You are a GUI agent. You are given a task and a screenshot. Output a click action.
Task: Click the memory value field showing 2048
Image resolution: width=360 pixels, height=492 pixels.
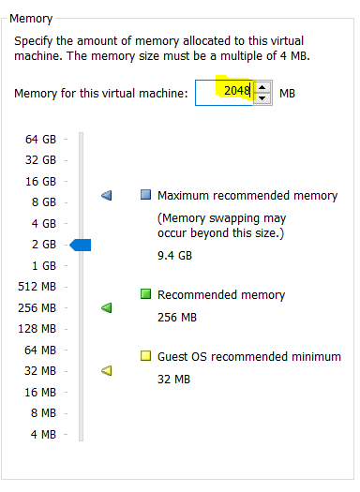pos(224,93)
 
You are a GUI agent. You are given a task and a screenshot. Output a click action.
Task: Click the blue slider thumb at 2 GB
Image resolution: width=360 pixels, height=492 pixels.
pos(81,245)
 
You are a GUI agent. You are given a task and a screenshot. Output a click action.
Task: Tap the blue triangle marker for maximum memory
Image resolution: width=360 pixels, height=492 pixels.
pos(106,196)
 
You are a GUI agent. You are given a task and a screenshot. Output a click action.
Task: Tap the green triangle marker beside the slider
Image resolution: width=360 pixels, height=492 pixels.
pos(106,307)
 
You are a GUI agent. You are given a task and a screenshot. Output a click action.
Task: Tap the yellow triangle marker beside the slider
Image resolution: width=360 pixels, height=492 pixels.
pos(106,371)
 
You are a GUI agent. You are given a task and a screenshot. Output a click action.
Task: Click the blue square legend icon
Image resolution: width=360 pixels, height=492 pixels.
pos(145,195)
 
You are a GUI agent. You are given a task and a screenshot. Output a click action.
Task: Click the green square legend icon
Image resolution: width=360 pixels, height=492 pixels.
pos(145,294)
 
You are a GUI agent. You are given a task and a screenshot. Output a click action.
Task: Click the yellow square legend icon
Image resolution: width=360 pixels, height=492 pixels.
pos(145,356)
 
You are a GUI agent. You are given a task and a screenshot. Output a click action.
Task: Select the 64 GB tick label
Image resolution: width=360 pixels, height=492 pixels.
pos(40,139)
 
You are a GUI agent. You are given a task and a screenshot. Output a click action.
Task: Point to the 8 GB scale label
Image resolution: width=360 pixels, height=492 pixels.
pos(44,202)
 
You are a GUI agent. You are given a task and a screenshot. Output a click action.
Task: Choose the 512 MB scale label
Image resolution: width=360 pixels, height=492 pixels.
pos(37,287)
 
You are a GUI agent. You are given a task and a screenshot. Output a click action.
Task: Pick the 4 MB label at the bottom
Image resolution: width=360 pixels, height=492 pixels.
pos(43,434)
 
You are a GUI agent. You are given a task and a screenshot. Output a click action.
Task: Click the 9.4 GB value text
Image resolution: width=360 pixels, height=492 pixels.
pos(174,256)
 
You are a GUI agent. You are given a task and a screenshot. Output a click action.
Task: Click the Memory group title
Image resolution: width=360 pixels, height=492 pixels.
pos(31,19)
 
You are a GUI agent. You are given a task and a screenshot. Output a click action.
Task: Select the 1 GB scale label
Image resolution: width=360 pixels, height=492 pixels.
pos(44,266)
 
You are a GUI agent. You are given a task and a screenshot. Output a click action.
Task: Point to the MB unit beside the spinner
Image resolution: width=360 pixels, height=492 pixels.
pos(287,93)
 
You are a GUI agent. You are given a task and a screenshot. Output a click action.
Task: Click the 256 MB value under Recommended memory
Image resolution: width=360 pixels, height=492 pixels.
pos(177,318)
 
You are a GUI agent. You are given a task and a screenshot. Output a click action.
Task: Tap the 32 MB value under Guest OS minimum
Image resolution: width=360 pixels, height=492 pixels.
pos(173,379)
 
